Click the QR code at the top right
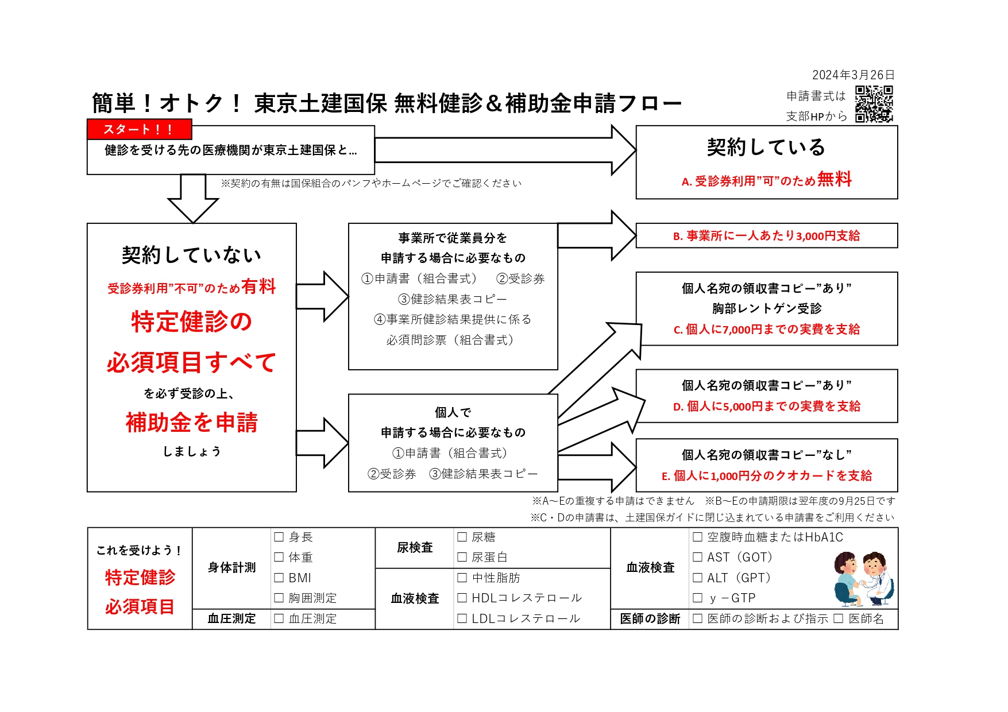tap(874, 104)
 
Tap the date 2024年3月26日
tap(853, 75)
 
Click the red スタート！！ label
tap(139, 129)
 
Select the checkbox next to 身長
tap(279, 537)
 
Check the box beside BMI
tap(279, 578)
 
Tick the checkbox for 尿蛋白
tap(462, 557)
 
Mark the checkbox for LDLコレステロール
tap(462, 618)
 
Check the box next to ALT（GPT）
tap(698, 578)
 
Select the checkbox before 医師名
tap(839, 618)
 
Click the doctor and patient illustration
tap(864, 579)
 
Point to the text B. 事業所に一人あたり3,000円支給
tap(766, 236)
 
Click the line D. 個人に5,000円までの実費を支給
tap(766, 407)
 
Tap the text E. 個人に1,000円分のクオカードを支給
tap(766, 475)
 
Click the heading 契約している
tap(766, 148)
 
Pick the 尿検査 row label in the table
tap(415, 548)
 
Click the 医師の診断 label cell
tap(650, 618)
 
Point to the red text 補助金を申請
tap(192, 423)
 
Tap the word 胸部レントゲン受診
tap(766, 309)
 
